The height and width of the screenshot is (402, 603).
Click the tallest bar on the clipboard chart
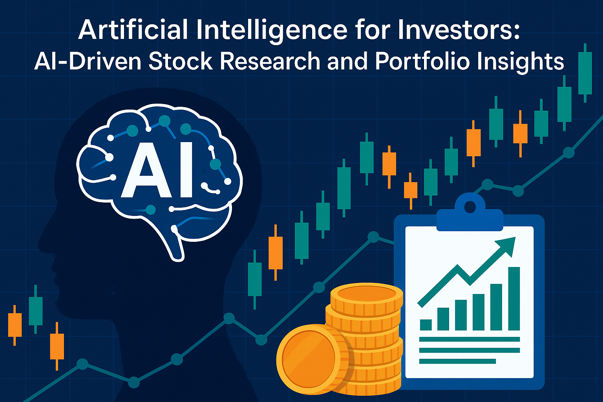click(514, 298)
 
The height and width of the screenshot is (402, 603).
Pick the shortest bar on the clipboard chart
click(426, 325)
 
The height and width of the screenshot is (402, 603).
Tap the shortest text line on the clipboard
click(457, 361)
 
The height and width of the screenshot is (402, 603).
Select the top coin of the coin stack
click(366, 295)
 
